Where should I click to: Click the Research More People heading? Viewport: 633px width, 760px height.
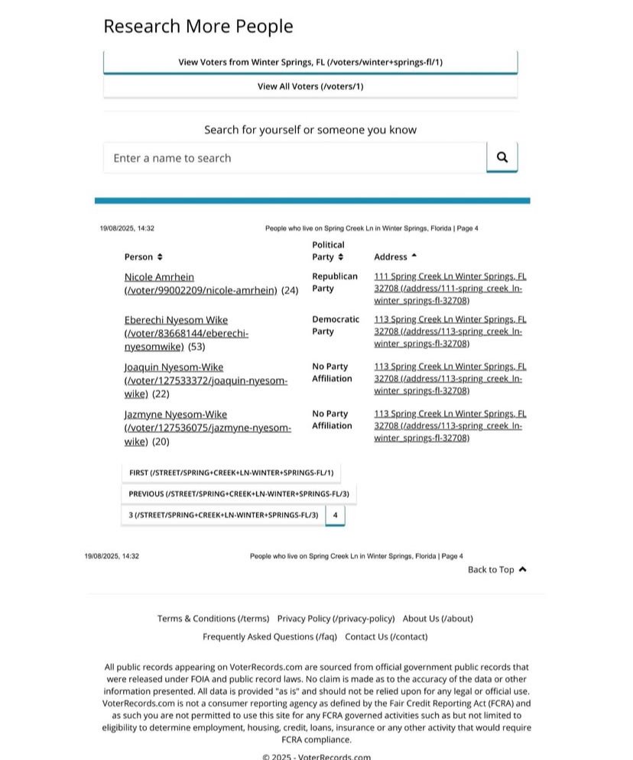(x=198, y=27)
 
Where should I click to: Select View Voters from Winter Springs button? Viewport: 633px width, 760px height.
(x=310, y=62)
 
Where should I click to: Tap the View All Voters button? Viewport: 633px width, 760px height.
(x=310, y=86)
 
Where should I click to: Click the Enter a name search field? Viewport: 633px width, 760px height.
(x=294, y=158)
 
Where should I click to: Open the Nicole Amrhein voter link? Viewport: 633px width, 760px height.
(x=159, y=277)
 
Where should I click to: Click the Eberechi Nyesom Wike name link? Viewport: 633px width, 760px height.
(x=176, y=320)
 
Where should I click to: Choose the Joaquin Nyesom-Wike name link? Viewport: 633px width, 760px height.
(x=174, y=367)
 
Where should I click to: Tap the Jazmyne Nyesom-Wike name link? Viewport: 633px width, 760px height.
(x=175, y=415)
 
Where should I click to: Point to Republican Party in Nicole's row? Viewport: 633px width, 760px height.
(x=334, y=283)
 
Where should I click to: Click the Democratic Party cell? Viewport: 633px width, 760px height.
(x=335, y=325)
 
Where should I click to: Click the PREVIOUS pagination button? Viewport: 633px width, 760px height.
(x=239, y=494)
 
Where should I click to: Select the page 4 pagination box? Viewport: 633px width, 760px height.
(x=335, y=516)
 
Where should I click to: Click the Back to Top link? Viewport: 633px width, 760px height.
(x=497, y=570)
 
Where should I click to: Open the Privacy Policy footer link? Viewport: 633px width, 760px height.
(x=336, y=619)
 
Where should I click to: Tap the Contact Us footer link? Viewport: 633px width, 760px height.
(x=386, y=636)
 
